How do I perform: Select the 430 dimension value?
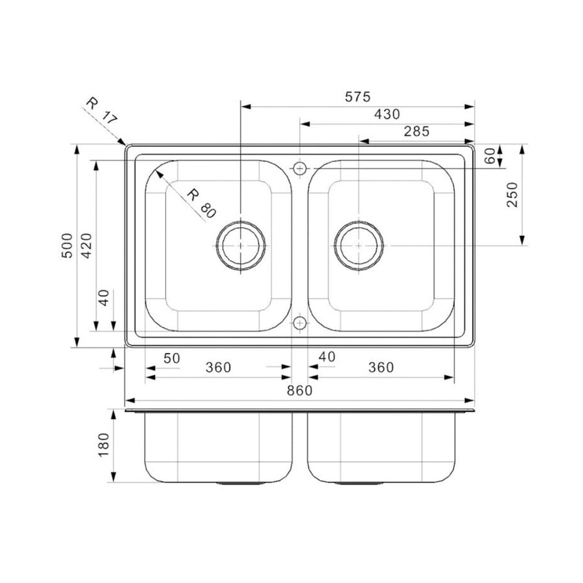[x=387, y=114]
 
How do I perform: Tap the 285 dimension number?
[x=416, y=132]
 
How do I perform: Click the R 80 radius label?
[x=202, y=203]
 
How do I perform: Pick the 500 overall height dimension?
[x=68, y=245]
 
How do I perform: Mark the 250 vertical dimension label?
[x=512, y=194]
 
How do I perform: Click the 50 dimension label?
[x=171, y=358]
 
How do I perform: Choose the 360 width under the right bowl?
[x=380, y=368]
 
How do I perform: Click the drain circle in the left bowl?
[x=241, y=245]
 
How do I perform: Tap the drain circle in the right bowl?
[x=359, y=245]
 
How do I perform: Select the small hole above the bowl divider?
[x=299, y=169]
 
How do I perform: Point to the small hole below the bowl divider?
[x=299, y=323]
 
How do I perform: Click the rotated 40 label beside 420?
[x=103, y=298]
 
